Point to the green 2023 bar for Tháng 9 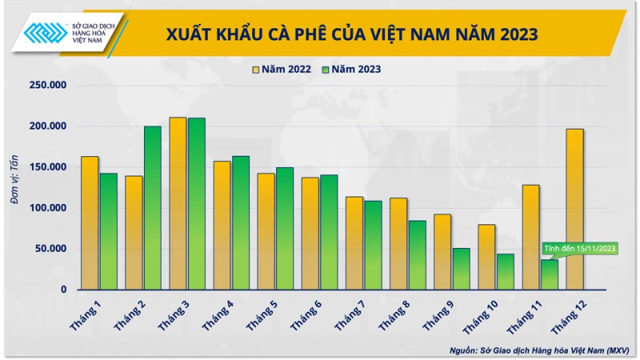(x=461, y=269)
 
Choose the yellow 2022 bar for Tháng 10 (x=486, y=257)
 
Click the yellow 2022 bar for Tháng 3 (x=178, y=203)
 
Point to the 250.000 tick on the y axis (x=50, y=86)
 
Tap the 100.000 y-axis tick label (x=50, y=208)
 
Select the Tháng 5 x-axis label (x=261, y=314)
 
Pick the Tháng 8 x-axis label (x=393, y=314)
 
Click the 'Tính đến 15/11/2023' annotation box (x=581, y=249)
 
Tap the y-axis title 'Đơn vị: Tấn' (x=16, y=187)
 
